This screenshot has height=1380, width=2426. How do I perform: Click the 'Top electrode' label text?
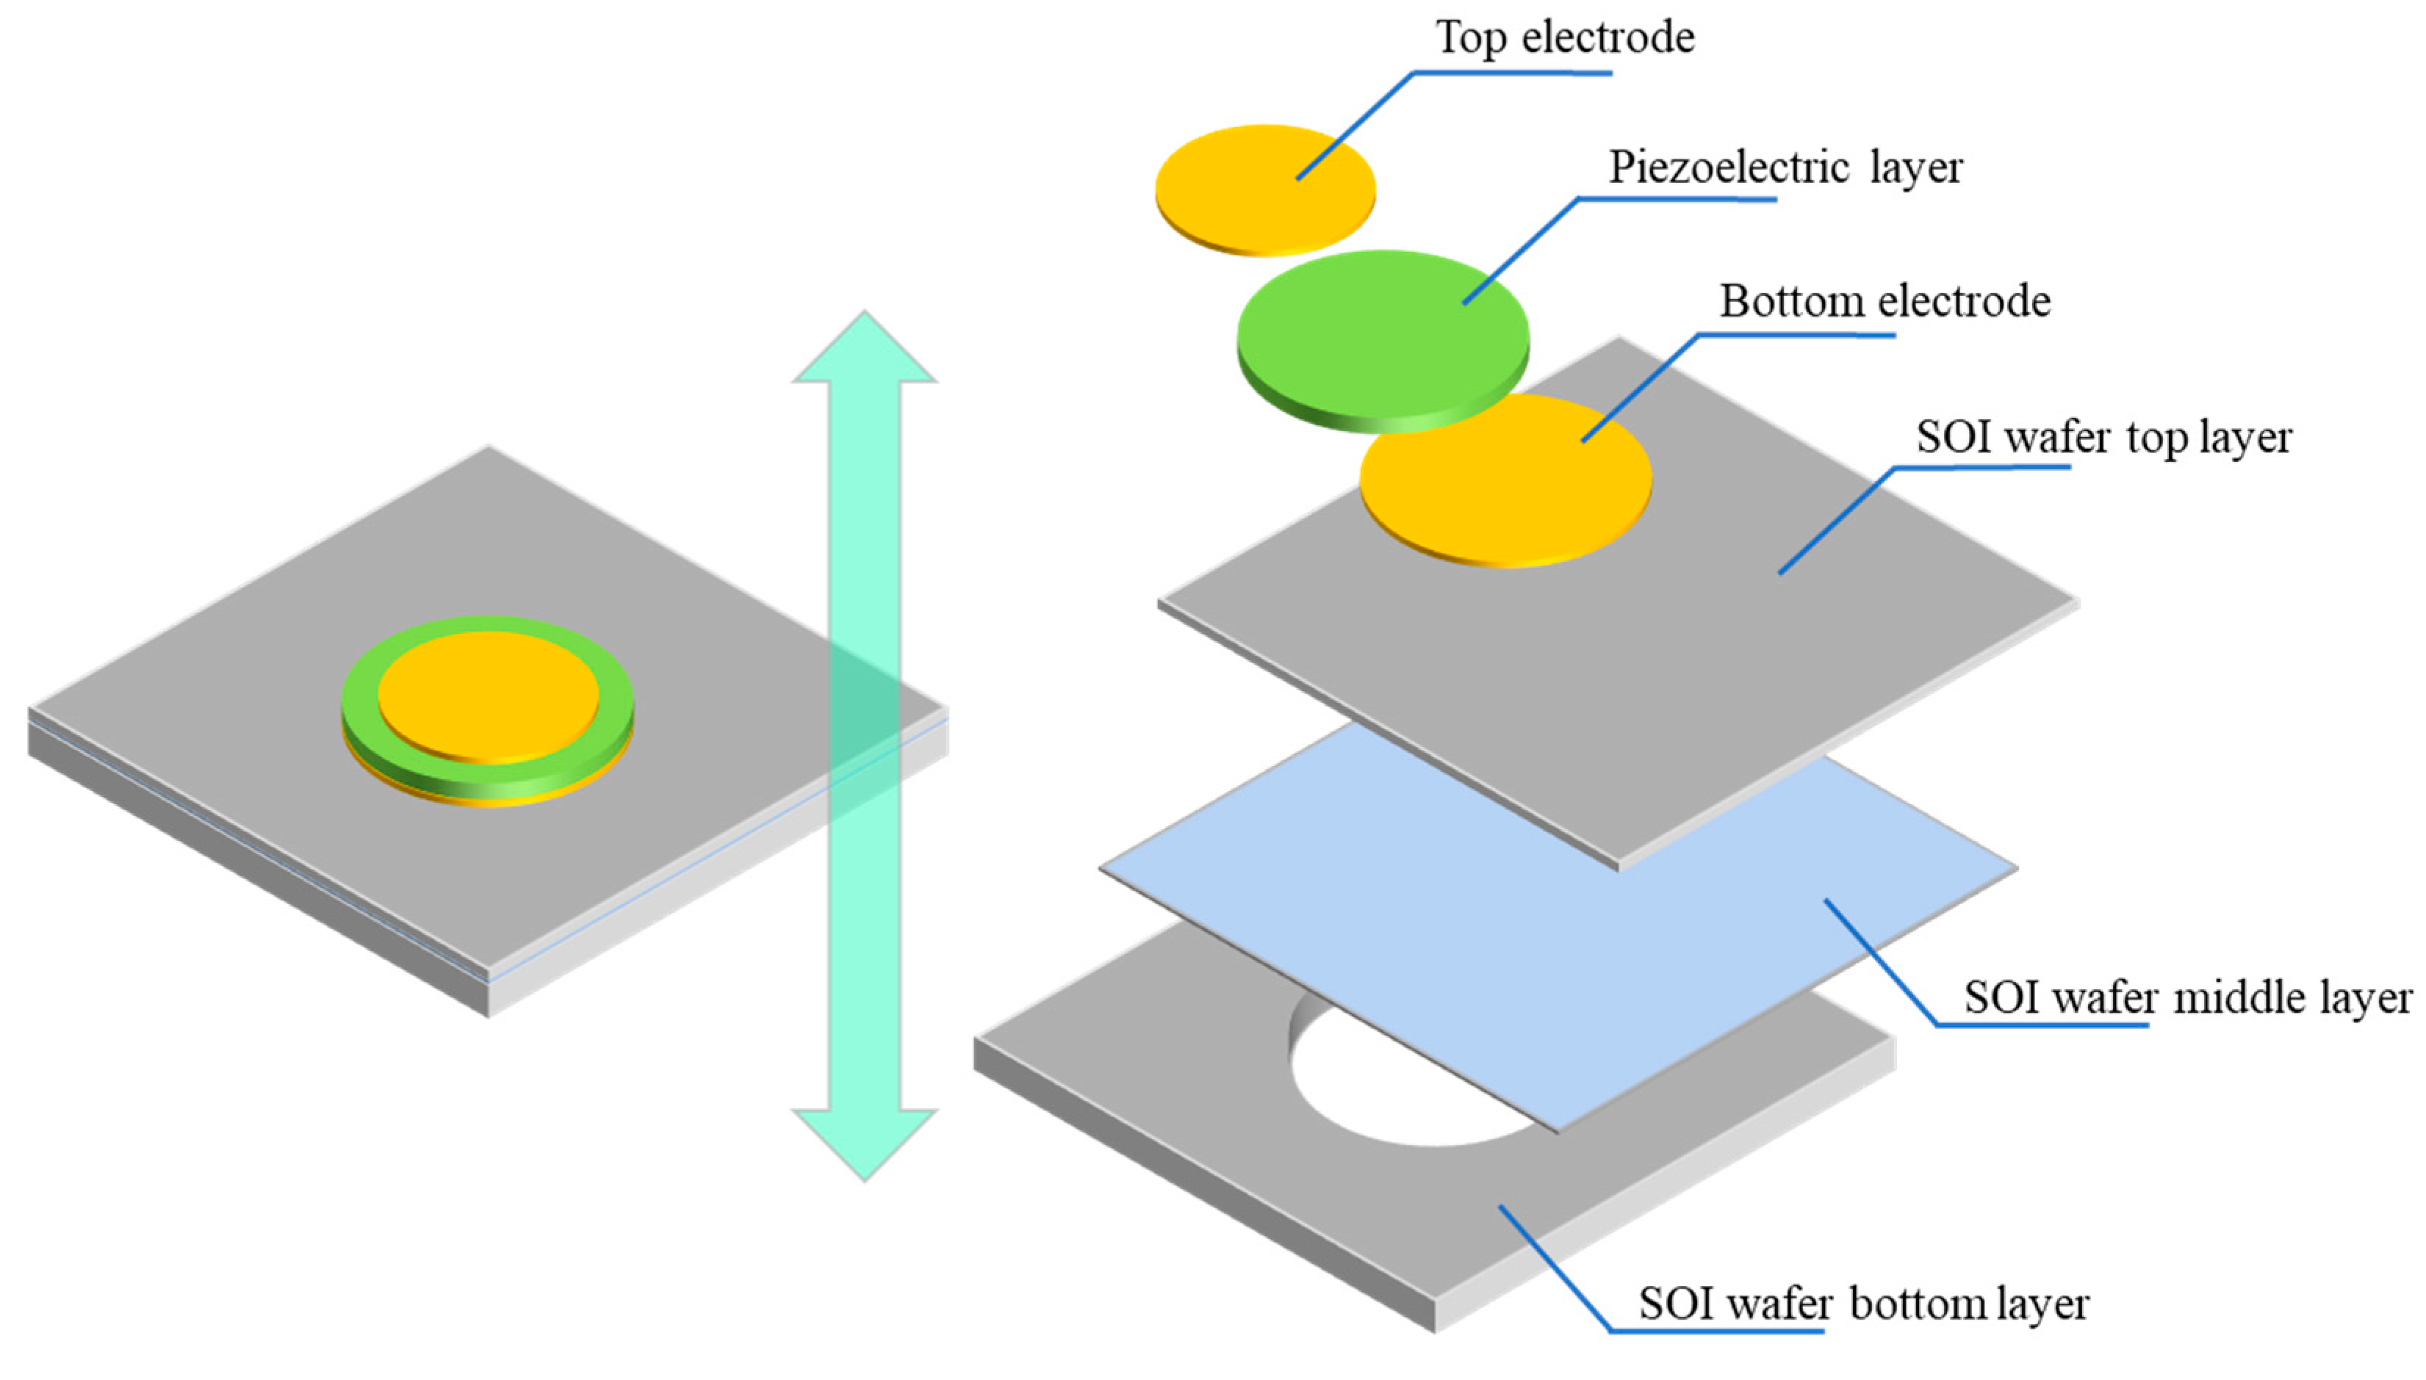1564,38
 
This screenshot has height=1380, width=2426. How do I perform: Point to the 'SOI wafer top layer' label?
2103,437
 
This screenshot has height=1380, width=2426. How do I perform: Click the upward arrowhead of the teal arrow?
864,350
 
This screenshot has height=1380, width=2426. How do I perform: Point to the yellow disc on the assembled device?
489,695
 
